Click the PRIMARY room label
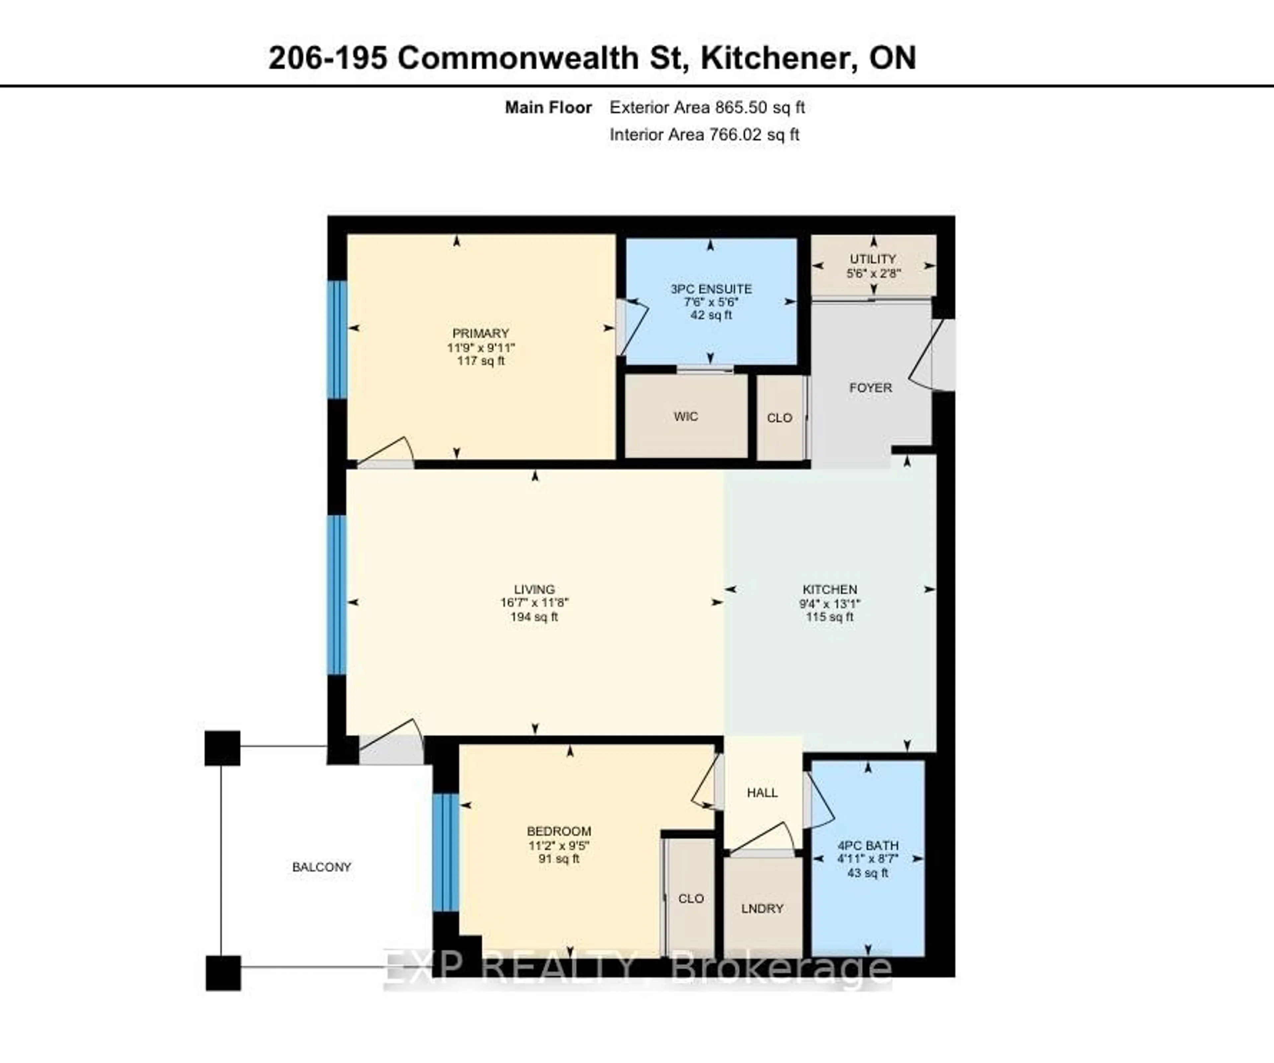[x=480, y=333]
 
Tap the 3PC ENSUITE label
[x=711, y=289]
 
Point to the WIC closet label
[x=685, y=416]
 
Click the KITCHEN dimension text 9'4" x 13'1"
[x=829, y=604]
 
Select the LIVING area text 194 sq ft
[x=534, y=617]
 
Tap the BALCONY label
[x=321, y=867]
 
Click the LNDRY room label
[x=762, y=908]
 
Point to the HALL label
[x=762, y=792]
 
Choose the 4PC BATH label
[x=868, y=845]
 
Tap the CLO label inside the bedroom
[x=691, y=898]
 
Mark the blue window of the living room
[x=337, y=595]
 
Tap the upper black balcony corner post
[x=222, y=748]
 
